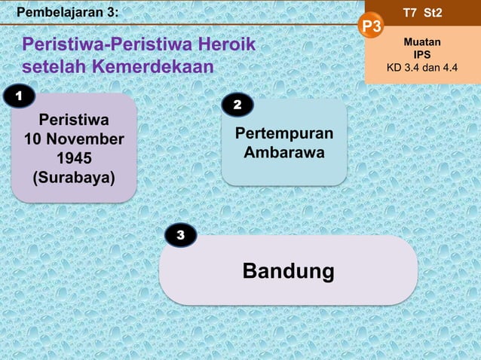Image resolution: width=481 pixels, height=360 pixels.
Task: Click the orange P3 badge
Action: pyautogui.click(x=372, y=28)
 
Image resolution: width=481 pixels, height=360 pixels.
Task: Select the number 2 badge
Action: pyautogui.click(x=237, y=105)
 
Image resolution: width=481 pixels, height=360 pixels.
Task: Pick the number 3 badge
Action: pyautogui.click(x=180, y=236)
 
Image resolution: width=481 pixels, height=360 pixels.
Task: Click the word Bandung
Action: pyautogui.click(x=288, y=270)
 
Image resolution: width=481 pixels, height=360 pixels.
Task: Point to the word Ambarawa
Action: pyautogui.click(x=284, y=154)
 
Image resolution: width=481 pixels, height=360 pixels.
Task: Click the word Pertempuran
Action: pyautogui.click(x=284, y=134)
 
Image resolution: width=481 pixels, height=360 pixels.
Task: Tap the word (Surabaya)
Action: pyautogui.click(x=74, y=178)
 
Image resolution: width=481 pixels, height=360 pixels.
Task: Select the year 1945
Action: pyautogui.click(x=74, y=159)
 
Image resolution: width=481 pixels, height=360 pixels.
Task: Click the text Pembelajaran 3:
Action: pyautogui.click(x=67, y=11)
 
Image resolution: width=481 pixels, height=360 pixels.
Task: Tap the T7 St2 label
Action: pyautogui.click(x=423, y=13)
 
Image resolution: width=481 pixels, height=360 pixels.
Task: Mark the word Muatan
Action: pyautogui.click(x=422, y=42)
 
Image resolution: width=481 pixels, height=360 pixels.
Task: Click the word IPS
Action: pyautogui.click(x=422, y=55)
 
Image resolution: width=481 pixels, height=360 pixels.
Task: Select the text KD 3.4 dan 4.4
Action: pyautogui.click(x=422, y=68)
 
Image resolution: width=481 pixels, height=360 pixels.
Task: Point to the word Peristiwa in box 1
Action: pyautogui.click(x=74, y=120)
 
